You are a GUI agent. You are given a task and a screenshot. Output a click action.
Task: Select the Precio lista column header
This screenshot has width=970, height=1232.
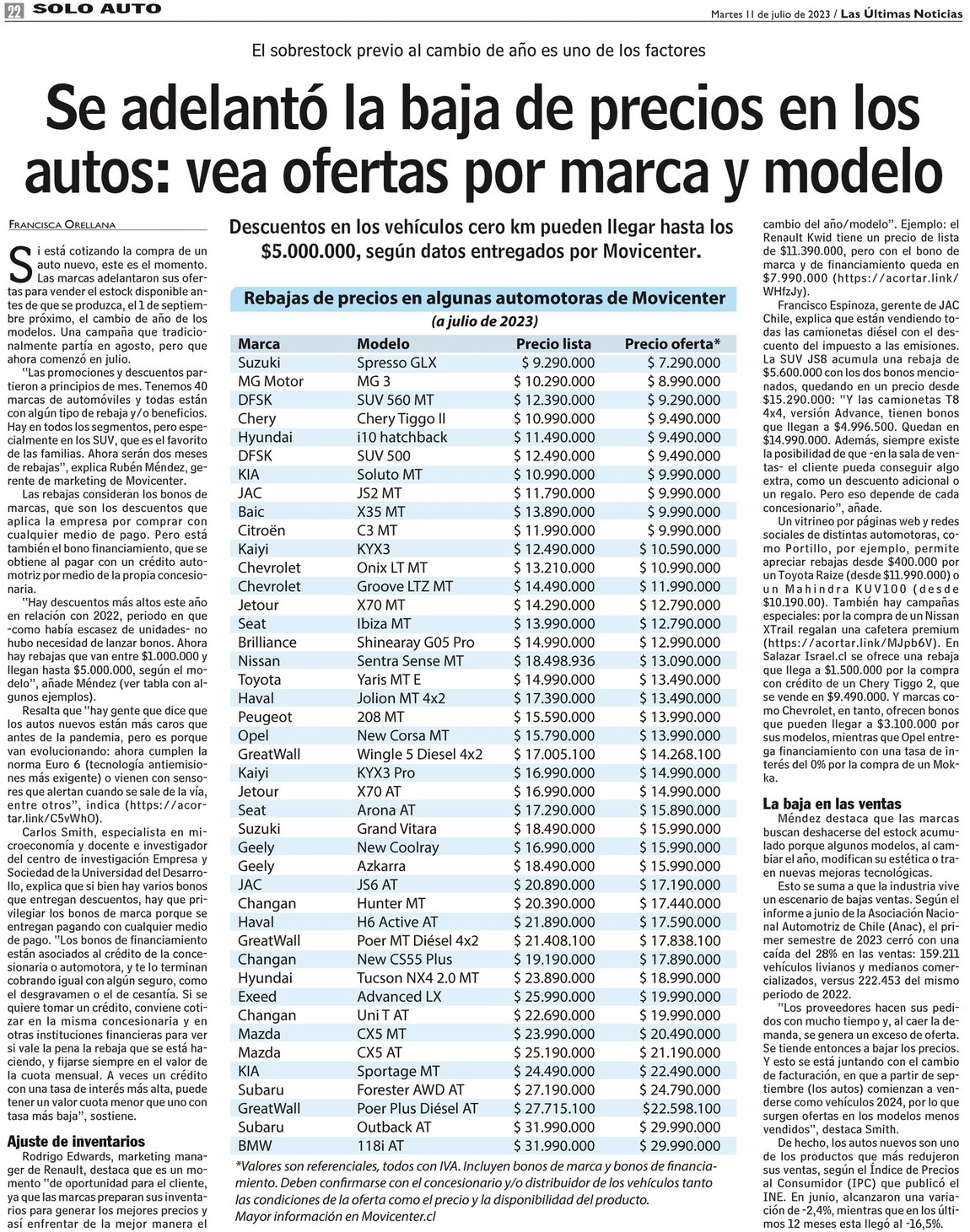(x=553, y=344)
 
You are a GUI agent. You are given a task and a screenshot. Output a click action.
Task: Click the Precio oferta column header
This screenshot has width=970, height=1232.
(x=672, y=344)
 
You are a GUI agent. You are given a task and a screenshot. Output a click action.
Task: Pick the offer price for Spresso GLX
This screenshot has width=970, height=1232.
(x=683, y=363)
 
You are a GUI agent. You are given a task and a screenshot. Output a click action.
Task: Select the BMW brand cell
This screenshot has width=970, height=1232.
(x=256, y=1145)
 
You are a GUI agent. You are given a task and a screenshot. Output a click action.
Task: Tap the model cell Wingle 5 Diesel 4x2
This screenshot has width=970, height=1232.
(x=419, y=754)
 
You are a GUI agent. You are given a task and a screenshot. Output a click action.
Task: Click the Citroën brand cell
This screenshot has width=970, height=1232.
(x=261, y=530)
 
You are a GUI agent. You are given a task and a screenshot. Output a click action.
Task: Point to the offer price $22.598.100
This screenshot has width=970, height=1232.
(x=682, y=1108)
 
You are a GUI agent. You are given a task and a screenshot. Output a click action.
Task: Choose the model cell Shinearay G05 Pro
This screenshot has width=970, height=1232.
(x=415, y=642)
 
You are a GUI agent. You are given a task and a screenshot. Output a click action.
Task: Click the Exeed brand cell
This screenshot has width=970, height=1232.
(x=256, y=996)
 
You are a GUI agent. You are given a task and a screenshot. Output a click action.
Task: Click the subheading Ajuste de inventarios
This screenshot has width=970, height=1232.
(x=75, y=1141)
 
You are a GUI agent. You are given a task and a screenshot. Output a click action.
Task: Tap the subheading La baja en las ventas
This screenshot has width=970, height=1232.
(x=831, y=804)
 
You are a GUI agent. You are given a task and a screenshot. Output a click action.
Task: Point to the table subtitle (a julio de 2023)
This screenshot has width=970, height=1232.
(x=484, y=321)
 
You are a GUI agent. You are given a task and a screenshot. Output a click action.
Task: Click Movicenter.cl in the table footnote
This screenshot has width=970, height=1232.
(x=397, y=1216)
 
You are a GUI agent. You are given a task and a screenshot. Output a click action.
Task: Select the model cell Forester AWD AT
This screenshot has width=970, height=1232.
(x=410, y=1089)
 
